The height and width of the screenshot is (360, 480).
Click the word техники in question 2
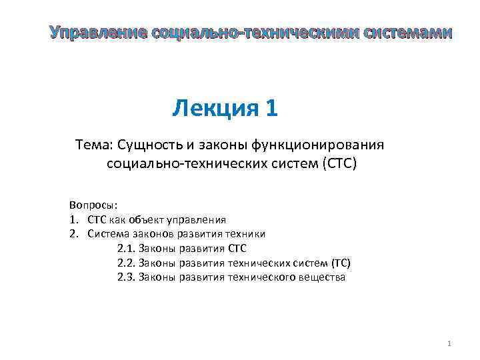[x=245, y=233]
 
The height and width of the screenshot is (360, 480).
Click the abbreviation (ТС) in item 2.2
[x=340, y=263]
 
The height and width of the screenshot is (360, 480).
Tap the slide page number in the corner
[x=449, y=343]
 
